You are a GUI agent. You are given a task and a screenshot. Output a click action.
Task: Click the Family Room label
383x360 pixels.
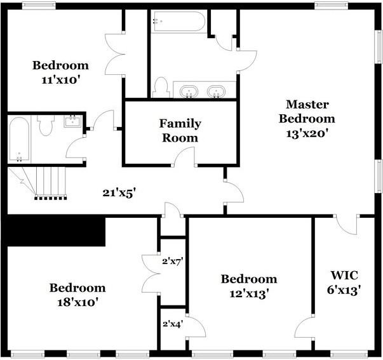(180, 131)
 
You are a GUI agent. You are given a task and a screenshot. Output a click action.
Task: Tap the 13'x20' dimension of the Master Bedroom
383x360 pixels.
(307, 133)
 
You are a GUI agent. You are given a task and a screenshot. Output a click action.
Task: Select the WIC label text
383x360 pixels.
(344, 276)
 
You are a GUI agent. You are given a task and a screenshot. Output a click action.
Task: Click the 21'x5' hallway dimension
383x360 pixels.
(119, 193)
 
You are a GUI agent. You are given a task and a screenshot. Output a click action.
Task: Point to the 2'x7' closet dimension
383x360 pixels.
(173, 262)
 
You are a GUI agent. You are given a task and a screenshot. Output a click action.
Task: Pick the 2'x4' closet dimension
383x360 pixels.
(173, 324)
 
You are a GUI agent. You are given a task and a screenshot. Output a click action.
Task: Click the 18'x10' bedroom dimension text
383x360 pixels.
(77, 303)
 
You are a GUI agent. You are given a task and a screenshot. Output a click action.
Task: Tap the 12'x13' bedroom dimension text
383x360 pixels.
(249, 294)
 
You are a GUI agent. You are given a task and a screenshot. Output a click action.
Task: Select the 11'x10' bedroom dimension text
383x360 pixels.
(61, 80)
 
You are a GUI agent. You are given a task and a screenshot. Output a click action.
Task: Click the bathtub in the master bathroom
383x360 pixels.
(179, 22)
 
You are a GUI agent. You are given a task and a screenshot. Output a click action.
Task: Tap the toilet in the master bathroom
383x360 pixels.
(161, 88)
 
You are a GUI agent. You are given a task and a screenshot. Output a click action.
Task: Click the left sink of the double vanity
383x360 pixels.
(189, 91)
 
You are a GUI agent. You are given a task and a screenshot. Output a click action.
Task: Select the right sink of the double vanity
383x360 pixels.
(216, 91)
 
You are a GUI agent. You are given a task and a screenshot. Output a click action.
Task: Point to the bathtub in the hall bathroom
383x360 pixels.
(19, 139)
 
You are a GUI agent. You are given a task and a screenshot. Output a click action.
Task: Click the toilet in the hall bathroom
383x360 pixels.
(46, 125)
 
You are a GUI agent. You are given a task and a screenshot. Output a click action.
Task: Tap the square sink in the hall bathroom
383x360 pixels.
(72, 121)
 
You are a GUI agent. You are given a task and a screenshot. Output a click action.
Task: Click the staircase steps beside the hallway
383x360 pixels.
(51, 182)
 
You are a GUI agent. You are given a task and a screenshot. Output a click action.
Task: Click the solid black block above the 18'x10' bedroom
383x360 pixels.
(56, 231)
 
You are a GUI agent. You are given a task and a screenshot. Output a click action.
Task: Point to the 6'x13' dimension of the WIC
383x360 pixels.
(344, 291)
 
